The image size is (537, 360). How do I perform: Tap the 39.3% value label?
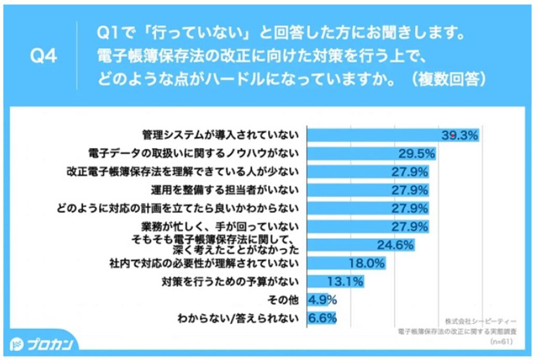459,135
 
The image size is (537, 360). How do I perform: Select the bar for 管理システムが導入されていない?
373,135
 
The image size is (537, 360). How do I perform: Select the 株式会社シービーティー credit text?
480,320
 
